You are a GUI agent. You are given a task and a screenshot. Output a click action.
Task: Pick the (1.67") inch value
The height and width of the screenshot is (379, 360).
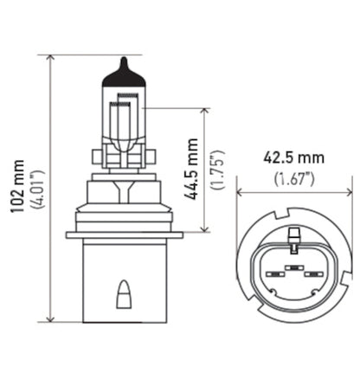(295, 179)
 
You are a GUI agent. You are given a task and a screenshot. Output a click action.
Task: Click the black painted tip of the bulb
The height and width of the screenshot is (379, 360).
(123, 76)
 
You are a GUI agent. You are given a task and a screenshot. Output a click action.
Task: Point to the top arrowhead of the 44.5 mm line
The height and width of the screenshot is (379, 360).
(204, 112)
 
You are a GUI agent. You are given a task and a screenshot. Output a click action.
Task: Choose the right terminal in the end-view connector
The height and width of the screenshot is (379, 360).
(314, 274)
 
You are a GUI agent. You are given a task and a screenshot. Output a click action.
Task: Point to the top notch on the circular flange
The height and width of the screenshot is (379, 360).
(294, 212)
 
